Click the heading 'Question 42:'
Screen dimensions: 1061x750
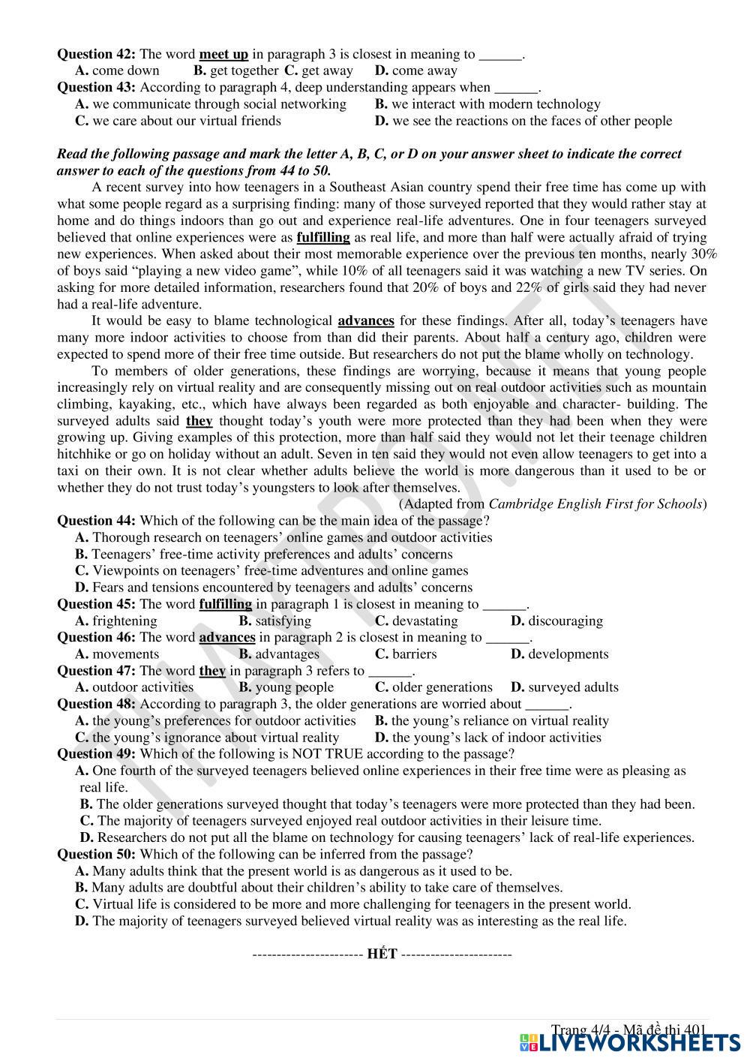[97, 54]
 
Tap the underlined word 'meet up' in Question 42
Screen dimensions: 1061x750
[223, 54]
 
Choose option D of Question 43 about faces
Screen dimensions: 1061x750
[523, 121]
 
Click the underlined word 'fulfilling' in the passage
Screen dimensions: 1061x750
[323, 238]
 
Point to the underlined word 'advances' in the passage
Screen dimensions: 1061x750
[366, 321]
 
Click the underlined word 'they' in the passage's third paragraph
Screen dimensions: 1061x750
[199, 422]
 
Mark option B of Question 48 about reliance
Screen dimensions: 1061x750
[491, 721]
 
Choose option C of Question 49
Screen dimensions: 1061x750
[340, 821]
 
